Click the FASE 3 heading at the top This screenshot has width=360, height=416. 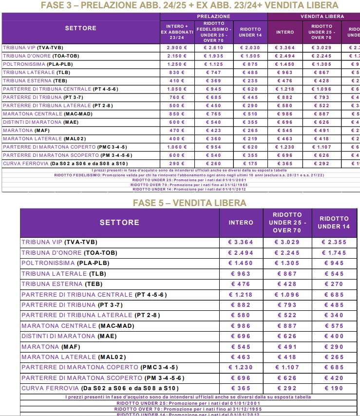click(x=189, y=5)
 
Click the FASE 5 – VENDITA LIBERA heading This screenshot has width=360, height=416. click(x=189, y=203)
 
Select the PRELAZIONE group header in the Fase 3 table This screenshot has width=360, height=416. click(x=214, y=16)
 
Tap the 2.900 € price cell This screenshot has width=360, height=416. click(x=177, y=48)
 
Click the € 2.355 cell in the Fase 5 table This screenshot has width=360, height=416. click(x=334, y=242)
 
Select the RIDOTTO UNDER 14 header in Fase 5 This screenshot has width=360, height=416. click(x=334, y=223)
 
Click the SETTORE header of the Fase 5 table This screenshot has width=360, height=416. click(x=119, y=223)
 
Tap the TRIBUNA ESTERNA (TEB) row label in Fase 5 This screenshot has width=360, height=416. click(x=61, y=284)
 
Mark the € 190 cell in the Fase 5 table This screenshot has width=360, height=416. click(x=334, y=388)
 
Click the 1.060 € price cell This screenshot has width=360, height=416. click(x=177, y=147)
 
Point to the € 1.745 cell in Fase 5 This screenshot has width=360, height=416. click(x=334, y=253)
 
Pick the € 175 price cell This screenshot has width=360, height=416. click(x=250, y=164)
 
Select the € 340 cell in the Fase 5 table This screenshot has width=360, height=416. click(x=334, y=315)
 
